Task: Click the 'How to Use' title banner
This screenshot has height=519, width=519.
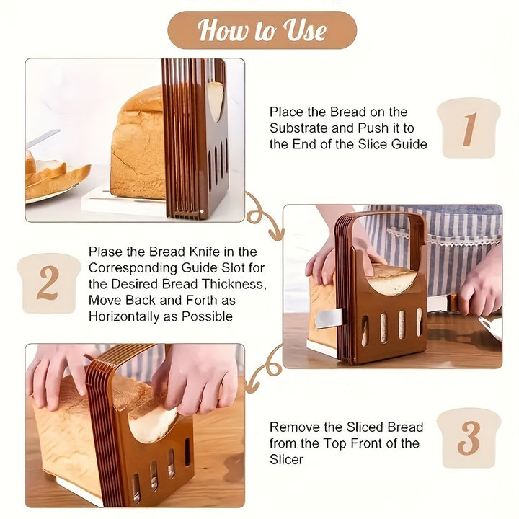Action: (262, 30)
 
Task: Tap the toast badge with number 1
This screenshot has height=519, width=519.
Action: (469, 128)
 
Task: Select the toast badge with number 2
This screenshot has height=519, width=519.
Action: (49, 283)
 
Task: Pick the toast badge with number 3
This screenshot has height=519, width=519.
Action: (469, 438)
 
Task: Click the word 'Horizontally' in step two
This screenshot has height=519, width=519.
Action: (124, 316)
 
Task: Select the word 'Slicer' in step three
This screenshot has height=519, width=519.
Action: (286, 459)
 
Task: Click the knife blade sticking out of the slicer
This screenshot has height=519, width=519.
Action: (329, 319)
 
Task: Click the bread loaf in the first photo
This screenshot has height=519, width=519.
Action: (139, 144)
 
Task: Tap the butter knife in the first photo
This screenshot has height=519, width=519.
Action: (43, 139)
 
